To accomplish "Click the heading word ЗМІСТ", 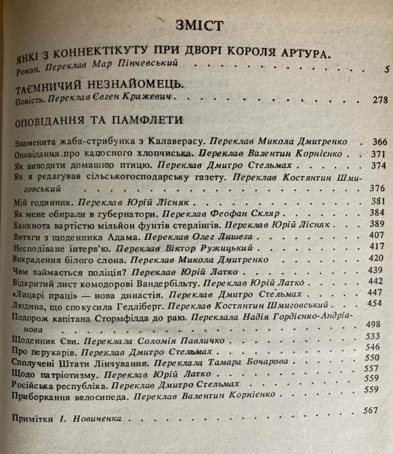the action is pyautogui.click(x=199, y=26).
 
